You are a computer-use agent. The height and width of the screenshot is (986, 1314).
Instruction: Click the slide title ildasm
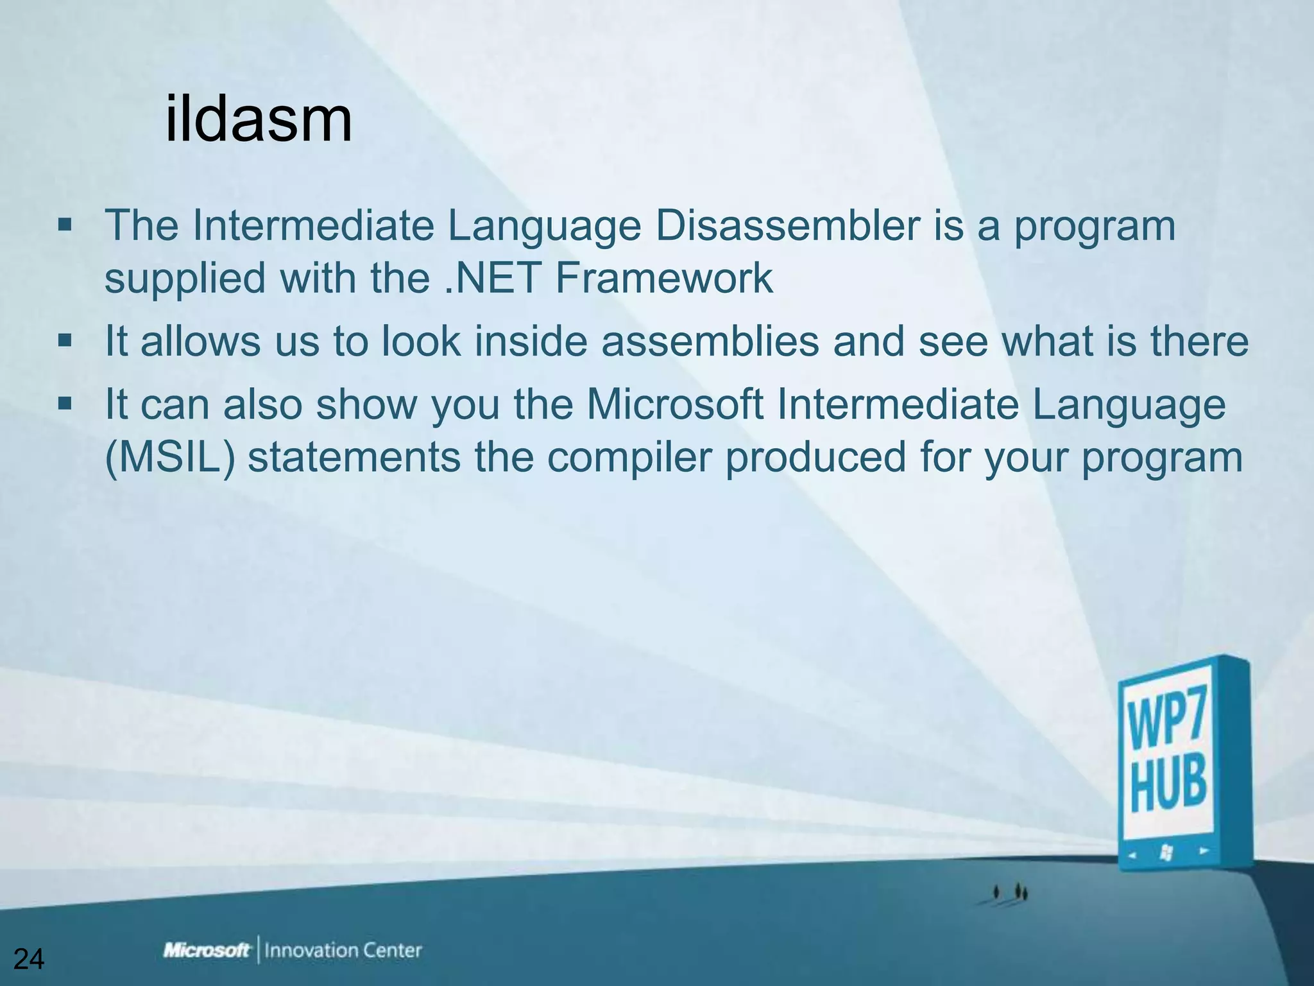click(x=258, y=119)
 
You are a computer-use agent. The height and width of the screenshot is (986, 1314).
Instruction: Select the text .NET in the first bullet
click(x=491, y=278)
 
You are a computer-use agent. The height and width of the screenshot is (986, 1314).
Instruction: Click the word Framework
click(x=663, y=278)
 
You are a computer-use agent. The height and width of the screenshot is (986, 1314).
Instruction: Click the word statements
click(x=354, y=457)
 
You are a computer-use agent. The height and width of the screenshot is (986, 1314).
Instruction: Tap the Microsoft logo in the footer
click(x=207, y=950)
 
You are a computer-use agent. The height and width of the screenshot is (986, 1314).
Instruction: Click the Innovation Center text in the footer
click(x=343, y=950)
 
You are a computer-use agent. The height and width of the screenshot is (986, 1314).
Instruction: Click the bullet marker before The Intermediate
click(x=64, y=226)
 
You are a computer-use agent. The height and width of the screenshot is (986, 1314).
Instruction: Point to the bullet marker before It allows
click(x=64, y=340)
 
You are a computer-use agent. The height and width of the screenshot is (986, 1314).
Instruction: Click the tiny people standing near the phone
click(x=1011, y=892)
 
